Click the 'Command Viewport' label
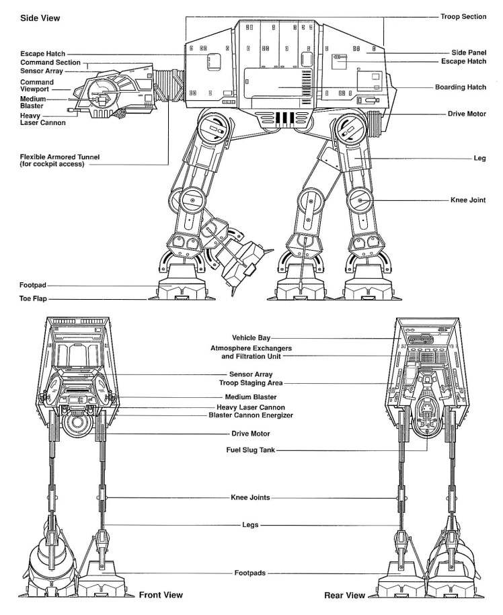pos(36,85)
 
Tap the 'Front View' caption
pos(161,595)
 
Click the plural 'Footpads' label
pos(249,573)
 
